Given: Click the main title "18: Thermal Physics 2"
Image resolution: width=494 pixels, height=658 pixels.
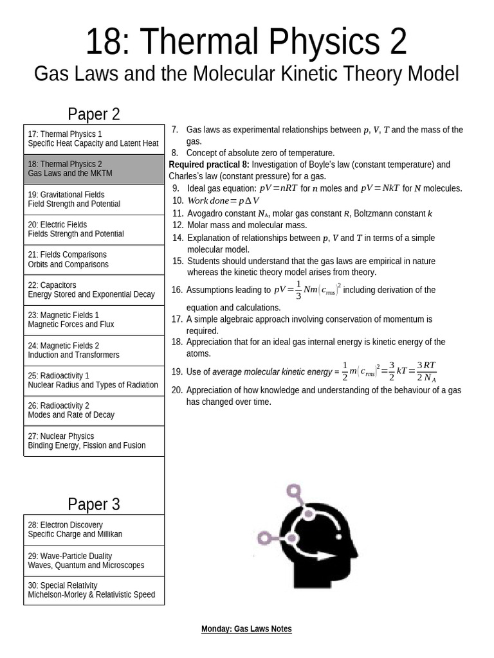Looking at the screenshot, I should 246,42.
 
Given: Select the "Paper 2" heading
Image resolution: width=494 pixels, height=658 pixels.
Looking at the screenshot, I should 94,114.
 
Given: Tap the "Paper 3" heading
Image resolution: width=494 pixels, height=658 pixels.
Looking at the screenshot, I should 94,504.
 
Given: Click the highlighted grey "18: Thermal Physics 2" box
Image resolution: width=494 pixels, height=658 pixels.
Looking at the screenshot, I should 94,169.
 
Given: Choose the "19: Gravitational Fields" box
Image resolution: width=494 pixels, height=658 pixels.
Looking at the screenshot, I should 94,199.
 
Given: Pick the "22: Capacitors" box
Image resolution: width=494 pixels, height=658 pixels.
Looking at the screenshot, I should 94,290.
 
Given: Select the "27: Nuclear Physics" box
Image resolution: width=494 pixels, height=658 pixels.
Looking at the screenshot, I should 94,441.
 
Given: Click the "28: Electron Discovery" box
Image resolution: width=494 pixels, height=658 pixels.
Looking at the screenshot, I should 94,529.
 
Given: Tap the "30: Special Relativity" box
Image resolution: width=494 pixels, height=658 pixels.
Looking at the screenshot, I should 94,590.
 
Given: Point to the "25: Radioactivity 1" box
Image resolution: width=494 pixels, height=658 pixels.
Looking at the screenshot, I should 94,380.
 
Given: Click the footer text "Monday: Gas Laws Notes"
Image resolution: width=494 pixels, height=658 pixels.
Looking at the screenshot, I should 246,629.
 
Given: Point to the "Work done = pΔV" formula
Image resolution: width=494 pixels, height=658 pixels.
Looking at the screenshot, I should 223,200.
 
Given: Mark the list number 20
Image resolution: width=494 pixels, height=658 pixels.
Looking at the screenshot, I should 177,390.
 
